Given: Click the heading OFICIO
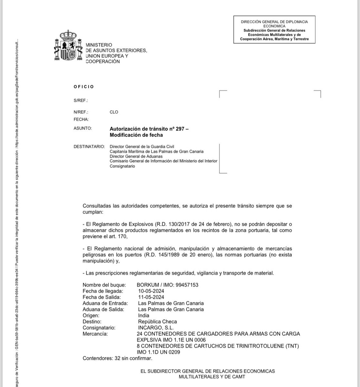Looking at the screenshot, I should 84,87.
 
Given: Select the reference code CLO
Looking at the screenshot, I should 114,112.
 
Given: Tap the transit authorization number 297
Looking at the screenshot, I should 180,129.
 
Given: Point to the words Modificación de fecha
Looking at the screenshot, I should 136,135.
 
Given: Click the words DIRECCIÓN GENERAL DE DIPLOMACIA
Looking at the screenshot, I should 274,22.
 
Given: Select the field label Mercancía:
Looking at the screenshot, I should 95,334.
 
